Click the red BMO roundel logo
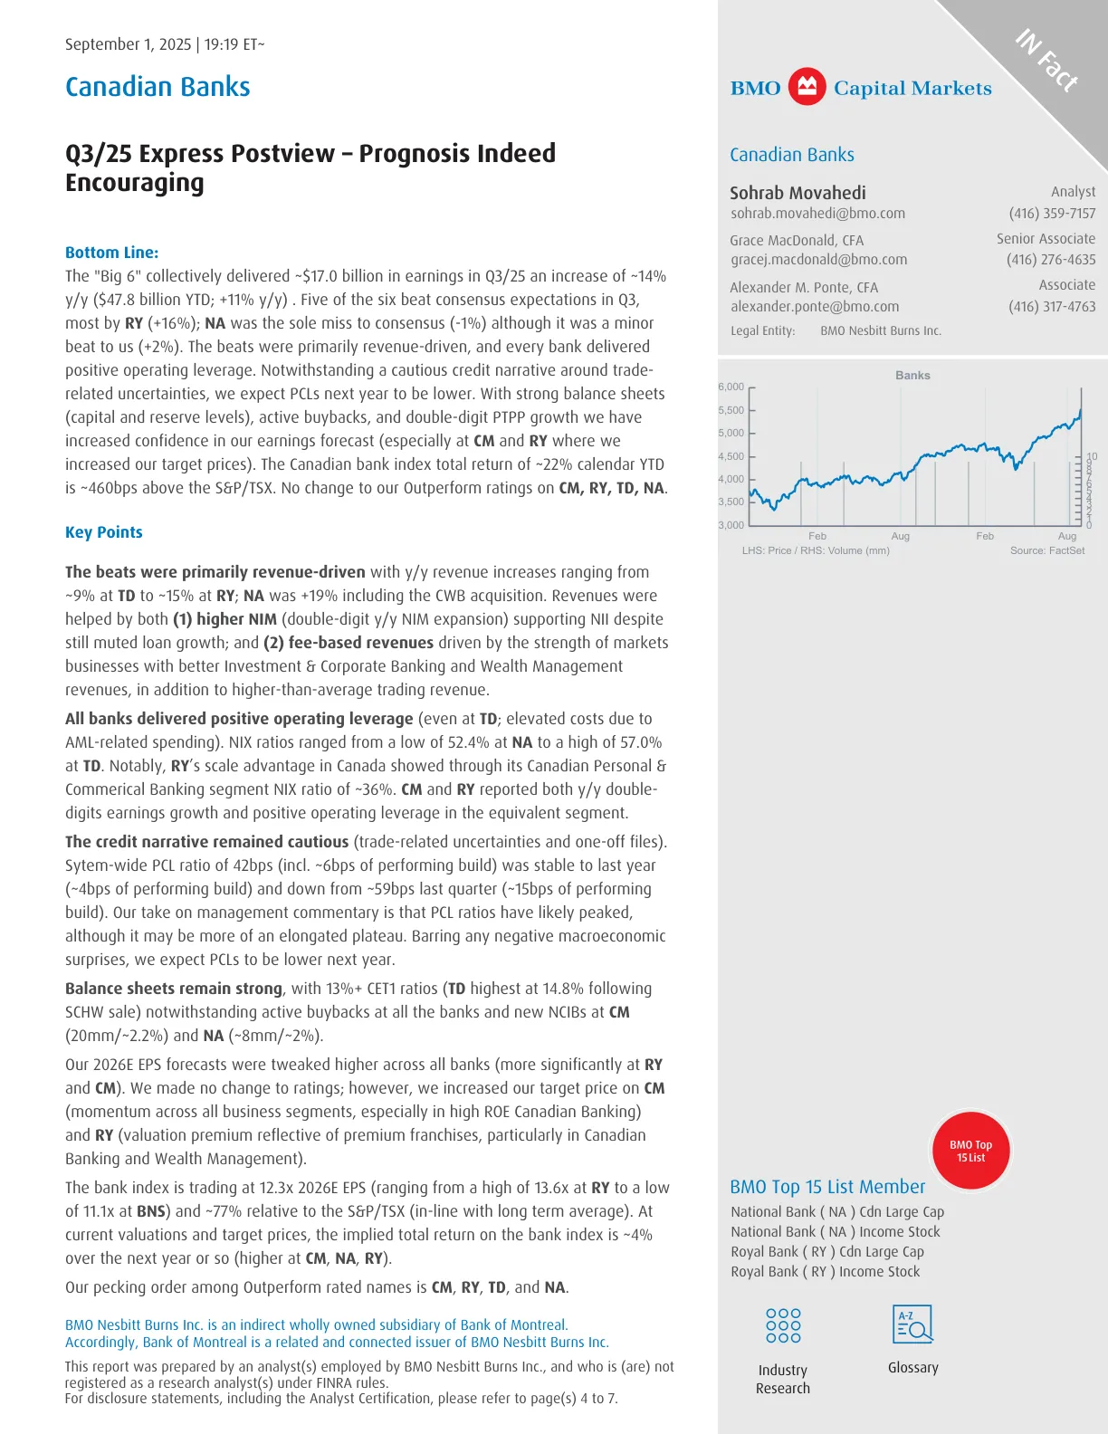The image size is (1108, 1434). click(x=807, y=87)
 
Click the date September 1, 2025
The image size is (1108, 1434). click(x=128, y=44)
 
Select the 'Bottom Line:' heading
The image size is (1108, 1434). click(x=111, y=253)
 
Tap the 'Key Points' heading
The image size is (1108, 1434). click(x=103, y=532)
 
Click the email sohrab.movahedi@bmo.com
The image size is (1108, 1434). click(x=817, y=214)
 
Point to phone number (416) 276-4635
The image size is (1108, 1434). click(x=1050, y=260)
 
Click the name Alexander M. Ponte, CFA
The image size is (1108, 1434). click(x=804, y=287)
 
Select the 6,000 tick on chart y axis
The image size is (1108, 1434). click(x=731, y=387)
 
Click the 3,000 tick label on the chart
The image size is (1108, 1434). click(x=731, y=525)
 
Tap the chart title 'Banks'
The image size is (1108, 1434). click(x=912, y=375)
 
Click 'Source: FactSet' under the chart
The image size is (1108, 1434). click(x=1046, y=550)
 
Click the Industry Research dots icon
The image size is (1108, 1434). click(x=783, y=1325)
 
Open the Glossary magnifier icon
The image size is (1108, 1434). click(x=912, y=1325)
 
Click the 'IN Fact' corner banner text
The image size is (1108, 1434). click(x=1046, y=61)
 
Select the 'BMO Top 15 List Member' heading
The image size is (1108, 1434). click(x=827, y=1187)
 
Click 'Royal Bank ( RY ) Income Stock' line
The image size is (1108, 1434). click(x=825, y=1272)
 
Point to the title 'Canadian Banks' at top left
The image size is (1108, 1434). click(x=158, y=87)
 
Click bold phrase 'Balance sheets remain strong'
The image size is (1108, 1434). click(x=174, y=989)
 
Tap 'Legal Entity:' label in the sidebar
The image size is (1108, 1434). click(x=762, y=331)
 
